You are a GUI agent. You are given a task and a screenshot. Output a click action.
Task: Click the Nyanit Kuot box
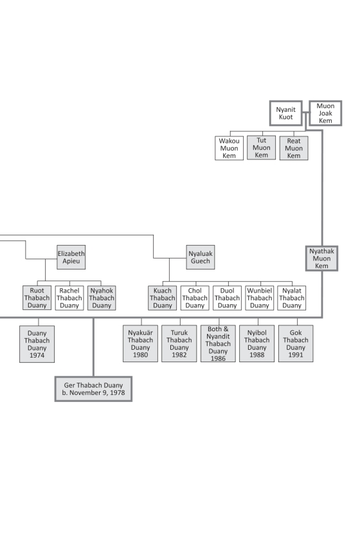286,113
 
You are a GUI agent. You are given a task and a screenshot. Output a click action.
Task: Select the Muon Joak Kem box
325,113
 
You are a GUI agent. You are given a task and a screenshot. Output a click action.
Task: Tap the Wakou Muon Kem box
229,148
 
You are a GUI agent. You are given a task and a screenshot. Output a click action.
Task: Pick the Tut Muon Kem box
262,148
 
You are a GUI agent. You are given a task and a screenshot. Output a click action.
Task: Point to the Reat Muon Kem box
294,148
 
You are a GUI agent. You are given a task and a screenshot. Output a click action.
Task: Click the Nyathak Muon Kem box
321,259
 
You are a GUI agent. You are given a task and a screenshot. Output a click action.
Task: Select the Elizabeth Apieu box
71,257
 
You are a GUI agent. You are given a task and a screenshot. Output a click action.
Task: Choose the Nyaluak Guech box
201,257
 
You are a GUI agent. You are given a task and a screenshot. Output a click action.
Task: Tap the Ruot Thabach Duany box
37,298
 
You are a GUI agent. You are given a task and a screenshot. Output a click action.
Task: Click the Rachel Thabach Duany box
69,298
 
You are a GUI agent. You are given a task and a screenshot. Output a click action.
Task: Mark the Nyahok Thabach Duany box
102,298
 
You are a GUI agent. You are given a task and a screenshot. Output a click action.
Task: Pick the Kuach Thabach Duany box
163,298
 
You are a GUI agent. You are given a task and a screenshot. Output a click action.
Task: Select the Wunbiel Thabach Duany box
260,298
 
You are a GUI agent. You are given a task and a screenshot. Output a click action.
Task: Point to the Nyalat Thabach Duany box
292,298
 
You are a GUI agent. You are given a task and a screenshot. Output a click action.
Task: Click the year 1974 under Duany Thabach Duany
37,355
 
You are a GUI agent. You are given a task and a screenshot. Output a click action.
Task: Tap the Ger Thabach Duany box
93,389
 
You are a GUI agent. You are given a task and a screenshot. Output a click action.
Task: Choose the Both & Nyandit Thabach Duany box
218,343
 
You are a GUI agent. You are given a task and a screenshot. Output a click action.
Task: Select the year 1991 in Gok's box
296,355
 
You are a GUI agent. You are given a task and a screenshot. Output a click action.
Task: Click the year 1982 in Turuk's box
179,355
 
